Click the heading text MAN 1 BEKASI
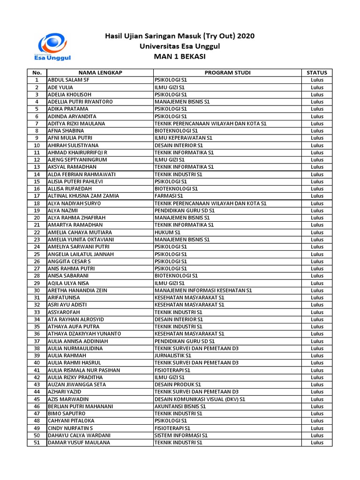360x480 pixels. [x=180, y=57]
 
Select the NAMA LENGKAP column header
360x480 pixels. [x=100, y=73]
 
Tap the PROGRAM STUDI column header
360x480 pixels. [x=227, y=73]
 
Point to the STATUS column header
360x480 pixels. [x=317, y=73]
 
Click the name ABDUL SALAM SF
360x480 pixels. [x=68, y=80]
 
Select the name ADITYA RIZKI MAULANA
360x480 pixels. [x=76, y=124]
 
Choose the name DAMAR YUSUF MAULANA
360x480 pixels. [x=79, y=442]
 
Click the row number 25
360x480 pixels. [x=37, y=254]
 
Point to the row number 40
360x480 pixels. [x=37, y=363]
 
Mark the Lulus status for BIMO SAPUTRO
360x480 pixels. [x=317, y=414]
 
